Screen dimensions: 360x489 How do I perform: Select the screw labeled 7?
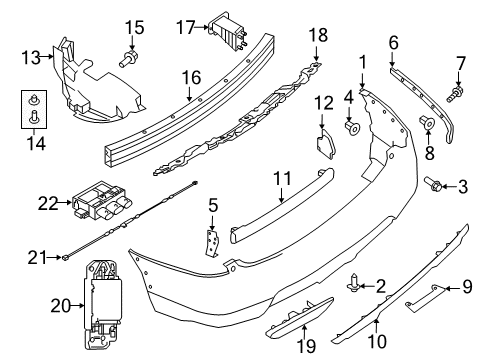tap(460, 96)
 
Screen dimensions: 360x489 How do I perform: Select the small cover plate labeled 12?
tap(323, 143)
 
